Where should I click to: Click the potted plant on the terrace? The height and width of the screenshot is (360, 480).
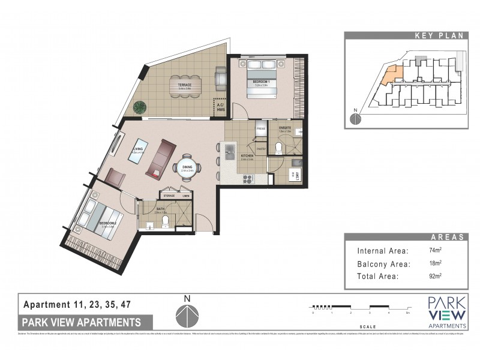(140, 107)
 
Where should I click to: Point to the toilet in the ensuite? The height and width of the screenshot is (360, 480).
(278, 148)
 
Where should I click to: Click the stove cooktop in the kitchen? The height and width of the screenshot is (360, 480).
(247, 178)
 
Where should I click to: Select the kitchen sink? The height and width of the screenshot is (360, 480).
(229, 151)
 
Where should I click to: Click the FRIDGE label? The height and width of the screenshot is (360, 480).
(261, 129)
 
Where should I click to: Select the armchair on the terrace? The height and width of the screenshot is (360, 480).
(220, 77)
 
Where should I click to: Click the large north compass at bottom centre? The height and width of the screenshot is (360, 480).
(187, 314)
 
